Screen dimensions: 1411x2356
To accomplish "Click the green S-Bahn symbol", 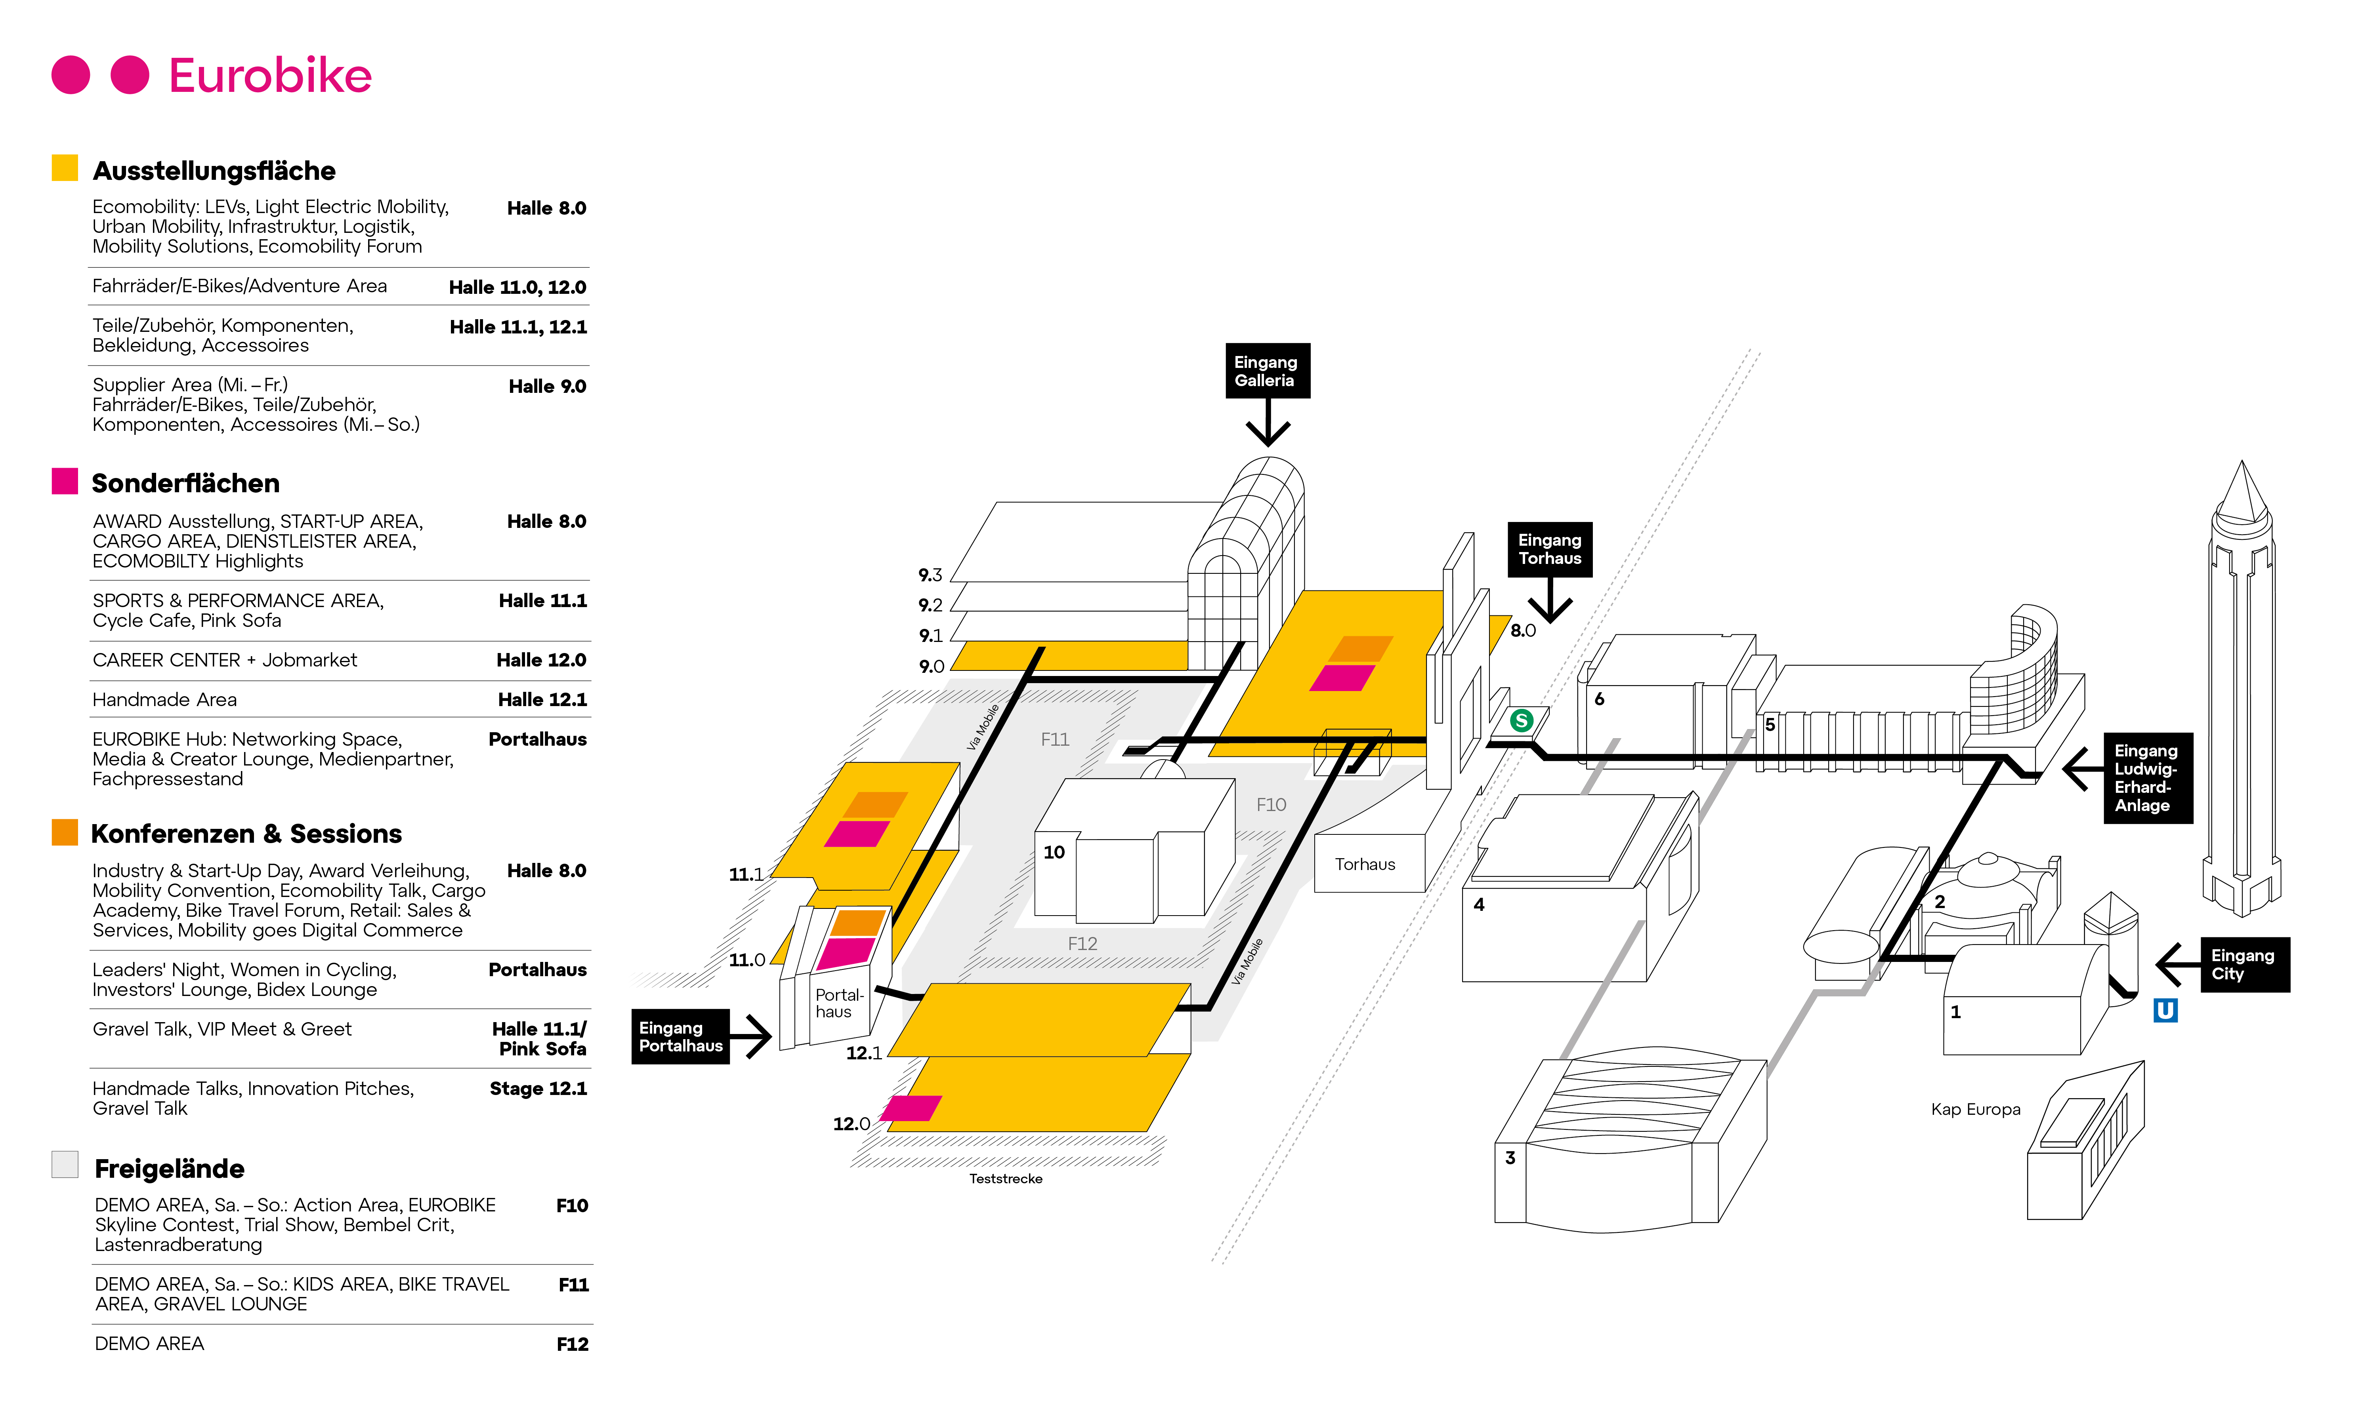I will pos(1521,721).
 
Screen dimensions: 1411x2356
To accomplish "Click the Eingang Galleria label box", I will pos(1266,371).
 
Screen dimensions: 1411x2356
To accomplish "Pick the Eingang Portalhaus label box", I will pos(680,1036).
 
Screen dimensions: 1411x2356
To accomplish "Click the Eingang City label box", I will pos(2244,964).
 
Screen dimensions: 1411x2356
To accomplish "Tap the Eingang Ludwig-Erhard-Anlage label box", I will pos(2147,778).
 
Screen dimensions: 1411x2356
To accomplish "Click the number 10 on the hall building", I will pos(1054,852).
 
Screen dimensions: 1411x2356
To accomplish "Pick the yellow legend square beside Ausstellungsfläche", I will pos(65,168).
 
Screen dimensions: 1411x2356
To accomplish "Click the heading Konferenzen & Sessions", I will pos(246,834).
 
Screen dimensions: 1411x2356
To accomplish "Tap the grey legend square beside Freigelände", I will pos(65,1165).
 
